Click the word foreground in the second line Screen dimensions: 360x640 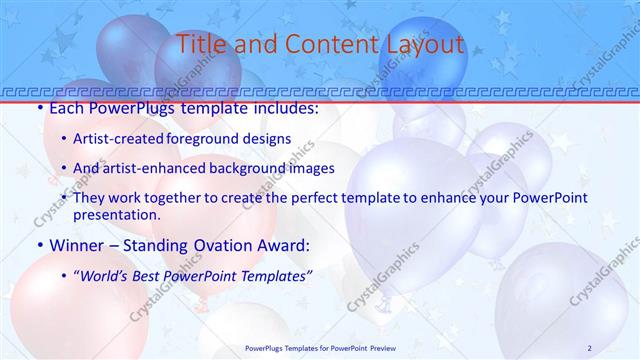(x=228, y=139)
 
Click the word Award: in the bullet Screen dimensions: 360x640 (x=285, y=244)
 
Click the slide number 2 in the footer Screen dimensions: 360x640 (x=590, y=348)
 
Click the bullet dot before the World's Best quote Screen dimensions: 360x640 (x=64, y=277)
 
